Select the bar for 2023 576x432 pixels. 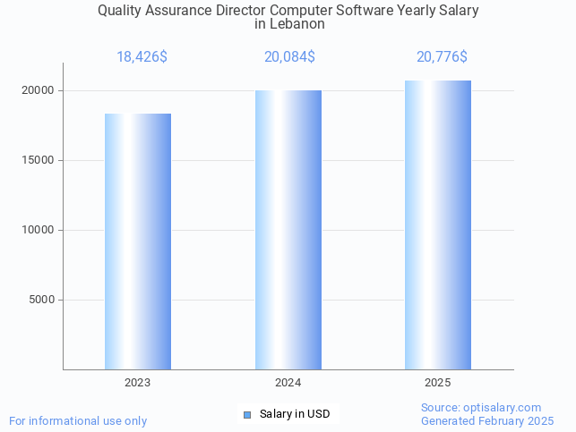138,241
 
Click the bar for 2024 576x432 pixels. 288,230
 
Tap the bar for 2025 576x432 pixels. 437,224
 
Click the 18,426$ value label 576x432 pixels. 142,57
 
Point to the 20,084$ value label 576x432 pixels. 289,57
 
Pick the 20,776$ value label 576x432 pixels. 442,57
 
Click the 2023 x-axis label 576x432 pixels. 138,383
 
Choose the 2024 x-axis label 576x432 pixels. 288,383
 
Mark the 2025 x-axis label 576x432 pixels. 437,383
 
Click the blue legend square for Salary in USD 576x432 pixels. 247,414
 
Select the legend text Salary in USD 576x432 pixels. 295,414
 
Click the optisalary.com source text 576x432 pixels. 481,407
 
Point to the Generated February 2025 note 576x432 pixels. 487,420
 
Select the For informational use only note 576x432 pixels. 78,420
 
